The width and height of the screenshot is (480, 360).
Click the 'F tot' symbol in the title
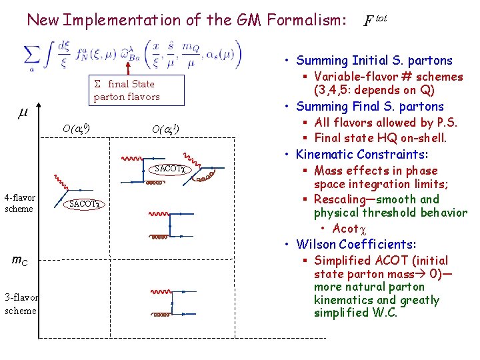pos(375,21)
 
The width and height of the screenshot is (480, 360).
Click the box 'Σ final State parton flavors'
pos(127,91)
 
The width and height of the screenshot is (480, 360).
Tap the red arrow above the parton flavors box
pos(125,66)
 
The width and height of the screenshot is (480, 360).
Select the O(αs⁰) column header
pos(77,128)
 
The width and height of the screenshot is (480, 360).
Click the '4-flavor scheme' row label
pos(19,203)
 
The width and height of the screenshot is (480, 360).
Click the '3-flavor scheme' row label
pos(21,303)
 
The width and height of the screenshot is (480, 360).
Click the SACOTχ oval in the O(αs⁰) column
pos(85,204)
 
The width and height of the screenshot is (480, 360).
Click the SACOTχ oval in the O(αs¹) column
pos(169,169)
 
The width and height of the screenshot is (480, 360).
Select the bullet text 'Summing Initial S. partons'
pos(374,61)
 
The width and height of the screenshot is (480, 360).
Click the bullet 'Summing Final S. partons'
pos(369,107)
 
